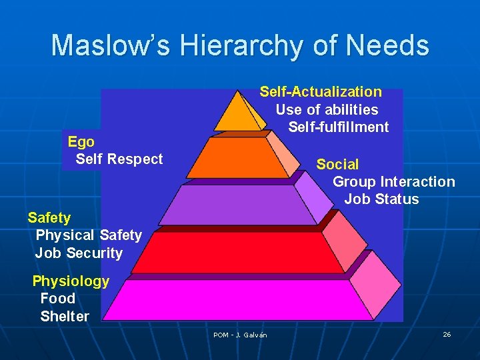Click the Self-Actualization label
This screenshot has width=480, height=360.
(321, 92)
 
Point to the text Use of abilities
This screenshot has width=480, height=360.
(327, 110)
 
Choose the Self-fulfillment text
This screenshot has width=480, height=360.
(339, 127)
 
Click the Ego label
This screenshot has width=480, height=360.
(81, 141)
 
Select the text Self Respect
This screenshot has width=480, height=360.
(119, 159)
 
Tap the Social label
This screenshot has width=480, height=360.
(337, 164)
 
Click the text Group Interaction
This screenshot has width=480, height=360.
(394, 182)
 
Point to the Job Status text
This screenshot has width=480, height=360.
(381, 199)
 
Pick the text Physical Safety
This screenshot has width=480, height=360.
(89, 235)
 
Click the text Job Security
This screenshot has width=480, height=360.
(79, 253)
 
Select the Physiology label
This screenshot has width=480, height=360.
(71, 281)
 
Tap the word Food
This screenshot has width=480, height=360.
(57, 299)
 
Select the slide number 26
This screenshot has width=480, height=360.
(447, 334)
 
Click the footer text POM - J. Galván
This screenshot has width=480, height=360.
(240, 335)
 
